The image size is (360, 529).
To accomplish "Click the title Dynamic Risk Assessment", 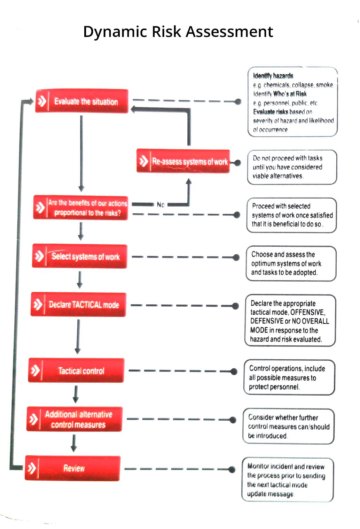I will click(x=178, y=32).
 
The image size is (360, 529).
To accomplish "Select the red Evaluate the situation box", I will click(x=82, y=101).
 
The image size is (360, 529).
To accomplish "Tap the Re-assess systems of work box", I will click(x=183, y=161).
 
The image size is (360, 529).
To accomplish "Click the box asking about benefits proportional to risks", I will click(x=81, y=208).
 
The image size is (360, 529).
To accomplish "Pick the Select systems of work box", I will click(x=80, y=256).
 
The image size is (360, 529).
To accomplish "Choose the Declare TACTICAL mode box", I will click(x=78, y=305).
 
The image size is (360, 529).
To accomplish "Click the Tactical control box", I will click(x=76, y=370).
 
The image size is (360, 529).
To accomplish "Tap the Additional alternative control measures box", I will click(x=75, y=419).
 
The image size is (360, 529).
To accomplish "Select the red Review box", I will click(x=73, y=468).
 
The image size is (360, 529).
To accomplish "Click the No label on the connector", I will click(x=161, y=205).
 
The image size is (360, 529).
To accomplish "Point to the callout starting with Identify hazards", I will click(x=293, y=102).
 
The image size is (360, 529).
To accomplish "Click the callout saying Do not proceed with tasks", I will click(x=292, y=167).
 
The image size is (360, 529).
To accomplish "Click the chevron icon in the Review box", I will click(x=32, y=468).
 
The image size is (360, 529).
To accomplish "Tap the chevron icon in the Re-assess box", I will click(x=143, y=161).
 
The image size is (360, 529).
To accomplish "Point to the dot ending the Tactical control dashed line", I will click(x=234, y=371).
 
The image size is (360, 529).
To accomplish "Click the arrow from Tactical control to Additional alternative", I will click(x=76, y=394).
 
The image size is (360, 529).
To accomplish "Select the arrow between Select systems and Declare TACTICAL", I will click(x=80, y=280).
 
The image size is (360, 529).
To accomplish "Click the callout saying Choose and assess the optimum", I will click(x=291, y=263).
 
